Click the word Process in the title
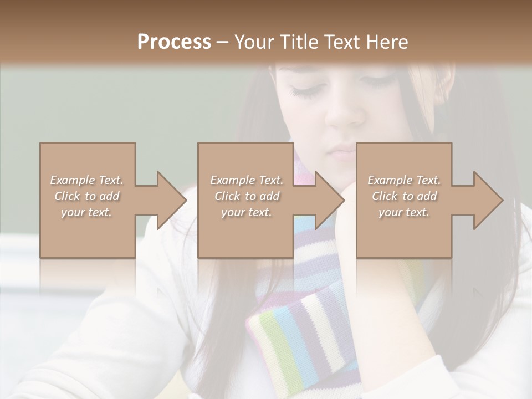click(174, 42)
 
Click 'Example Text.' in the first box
click(86, 180)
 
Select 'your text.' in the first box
click(86, 212)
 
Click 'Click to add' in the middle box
click(247, 196)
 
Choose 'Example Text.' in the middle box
click(247, 180)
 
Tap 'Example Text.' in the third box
click(404, 180)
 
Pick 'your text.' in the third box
click(404, 212)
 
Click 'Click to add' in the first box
click(86, 196)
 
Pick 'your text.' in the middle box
click(247, 212)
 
